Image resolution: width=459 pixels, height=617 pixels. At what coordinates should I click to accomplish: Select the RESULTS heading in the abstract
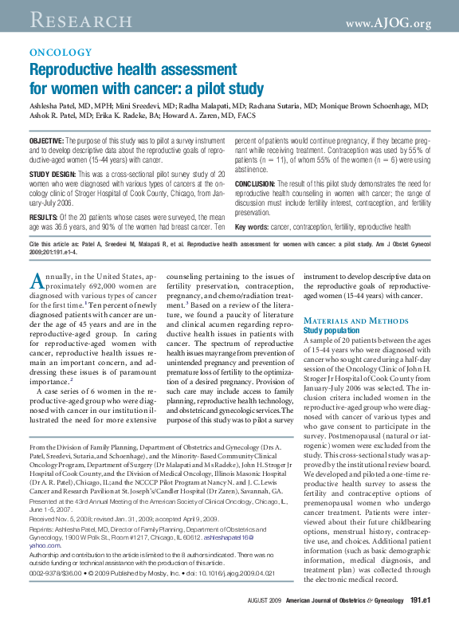click(42, 216)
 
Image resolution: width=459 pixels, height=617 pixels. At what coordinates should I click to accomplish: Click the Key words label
click(252, 227)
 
